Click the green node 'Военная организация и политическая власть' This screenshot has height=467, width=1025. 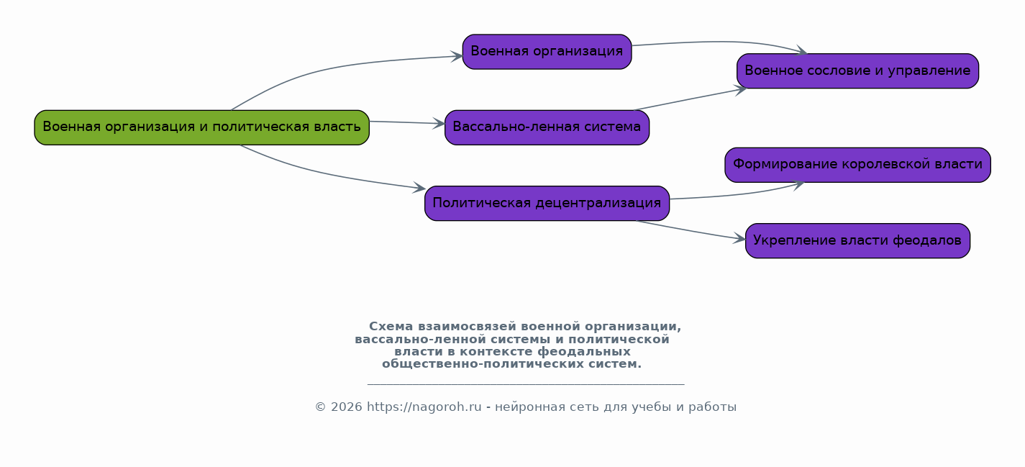click(x=202, y=127)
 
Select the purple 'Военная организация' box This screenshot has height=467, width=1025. click(x=547, y=52)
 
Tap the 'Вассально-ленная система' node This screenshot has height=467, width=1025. click(x=547, y=127)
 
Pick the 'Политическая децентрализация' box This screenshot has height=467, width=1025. click(x=547, y=204)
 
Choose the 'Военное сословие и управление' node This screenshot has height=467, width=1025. click(x=857, y=71)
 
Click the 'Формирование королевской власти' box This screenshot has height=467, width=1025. click(x=857, y=165)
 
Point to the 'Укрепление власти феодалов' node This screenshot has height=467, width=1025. click(x=857, y=241)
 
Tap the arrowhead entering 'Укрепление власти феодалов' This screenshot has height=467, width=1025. click(x=739, y=238)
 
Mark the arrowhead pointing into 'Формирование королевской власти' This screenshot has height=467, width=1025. click(x=798, y=185)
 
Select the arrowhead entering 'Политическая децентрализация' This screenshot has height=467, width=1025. click(x=419, y=187)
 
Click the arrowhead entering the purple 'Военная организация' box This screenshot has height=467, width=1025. click(x=457, y=57)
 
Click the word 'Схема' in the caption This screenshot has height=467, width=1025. click(x=391, y=327)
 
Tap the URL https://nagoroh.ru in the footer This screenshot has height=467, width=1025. click(x=424, y=407)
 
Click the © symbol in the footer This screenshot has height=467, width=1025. click(x=320, y=407)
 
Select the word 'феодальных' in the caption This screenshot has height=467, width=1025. click(x=584, y=352)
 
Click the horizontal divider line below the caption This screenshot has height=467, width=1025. click(x=526, y=384)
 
